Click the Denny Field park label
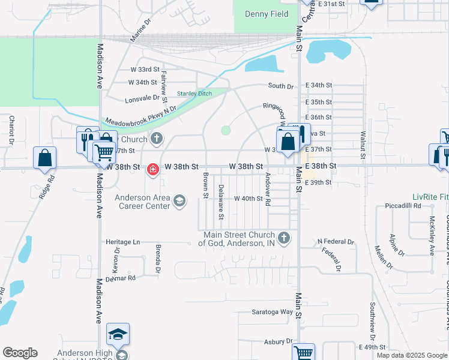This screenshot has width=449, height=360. (x=267, y=14)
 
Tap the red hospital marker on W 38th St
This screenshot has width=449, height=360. (x=153, y=170)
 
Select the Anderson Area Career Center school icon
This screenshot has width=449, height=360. (x=179, y=201)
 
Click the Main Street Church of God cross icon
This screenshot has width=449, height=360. (x=285, y=238)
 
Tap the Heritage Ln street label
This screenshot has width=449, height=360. (x=122, y=242)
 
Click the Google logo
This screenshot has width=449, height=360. (x=20, y=353)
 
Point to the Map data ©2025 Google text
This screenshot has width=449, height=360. (x=411, y=355)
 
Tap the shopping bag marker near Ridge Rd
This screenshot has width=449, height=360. (x=45, y=158)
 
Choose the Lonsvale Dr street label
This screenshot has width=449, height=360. (x=142, y=97)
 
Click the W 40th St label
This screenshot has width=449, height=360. (x=248, y=198)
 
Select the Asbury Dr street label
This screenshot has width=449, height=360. (x=277, y=341)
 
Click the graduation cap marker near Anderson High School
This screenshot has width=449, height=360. (x=118, y=334)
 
